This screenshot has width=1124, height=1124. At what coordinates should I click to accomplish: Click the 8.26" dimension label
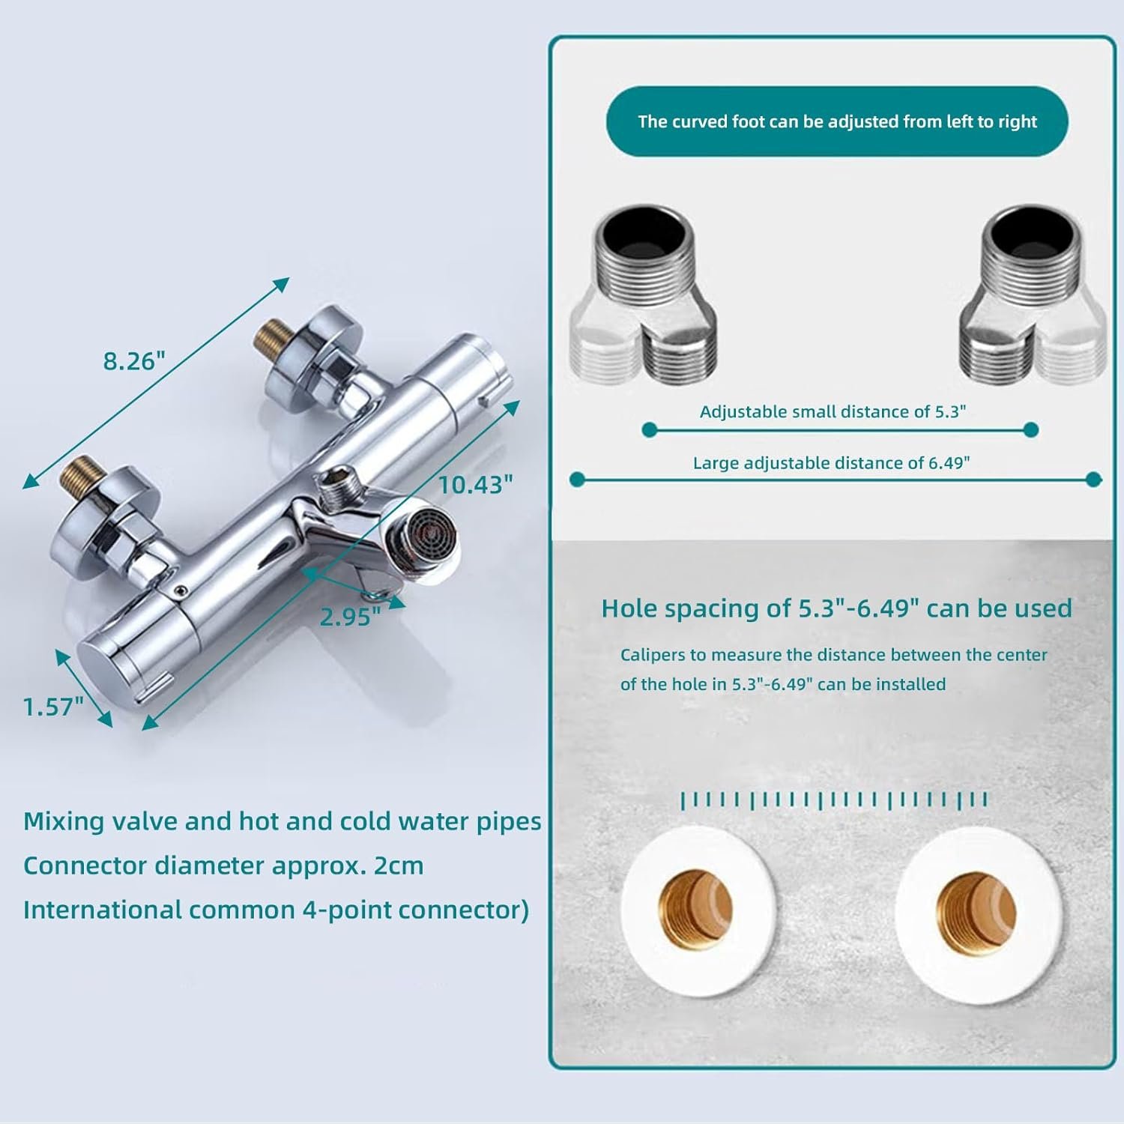pos(133,360)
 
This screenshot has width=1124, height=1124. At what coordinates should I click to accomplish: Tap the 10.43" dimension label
pos(476,485)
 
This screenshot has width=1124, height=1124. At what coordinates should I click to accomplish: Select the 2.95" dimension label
pos(350,617)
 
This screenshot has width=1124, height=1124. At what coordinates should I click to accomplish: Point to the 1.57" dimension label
pos(53,707)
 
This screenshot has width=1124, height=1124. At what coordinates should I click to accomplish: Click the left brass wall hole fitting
pos(695,910)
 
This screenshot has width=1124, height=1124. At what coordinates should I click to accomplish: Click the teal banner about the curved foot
pos(837,121)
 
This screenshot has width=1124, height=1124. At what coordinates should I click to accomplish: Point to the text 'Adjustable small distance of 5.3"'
pos(833,411)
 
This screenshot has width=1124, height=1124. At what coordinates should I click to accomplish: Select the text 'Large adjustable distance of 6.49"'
pos(831,463)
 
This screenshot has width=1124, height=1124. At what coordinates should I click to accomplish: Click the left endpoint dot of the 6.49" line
pos(577,479)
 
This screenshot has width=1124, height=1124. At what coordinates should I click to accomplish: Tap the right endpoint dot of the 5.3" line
pos(1030,429)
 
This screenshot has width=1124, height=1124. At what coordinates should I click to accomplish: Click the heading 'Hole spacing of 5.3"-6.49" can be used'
pos(837,608)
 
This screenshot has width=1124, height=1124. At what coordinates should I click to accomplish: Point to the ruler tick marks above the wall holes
pos(834,800)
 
